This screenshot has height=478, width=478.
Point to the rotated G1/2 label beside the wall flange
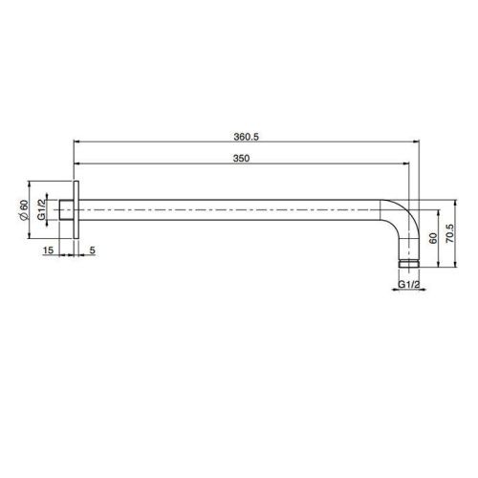42,210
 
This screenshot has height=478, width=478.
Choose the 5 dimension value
91,250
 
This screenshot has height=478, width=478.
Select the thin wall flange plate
72,207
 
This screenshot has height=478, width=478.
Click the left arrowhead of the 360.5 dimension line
76,143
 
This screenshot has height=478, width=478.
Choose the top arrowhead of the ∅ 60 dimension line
31,181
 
